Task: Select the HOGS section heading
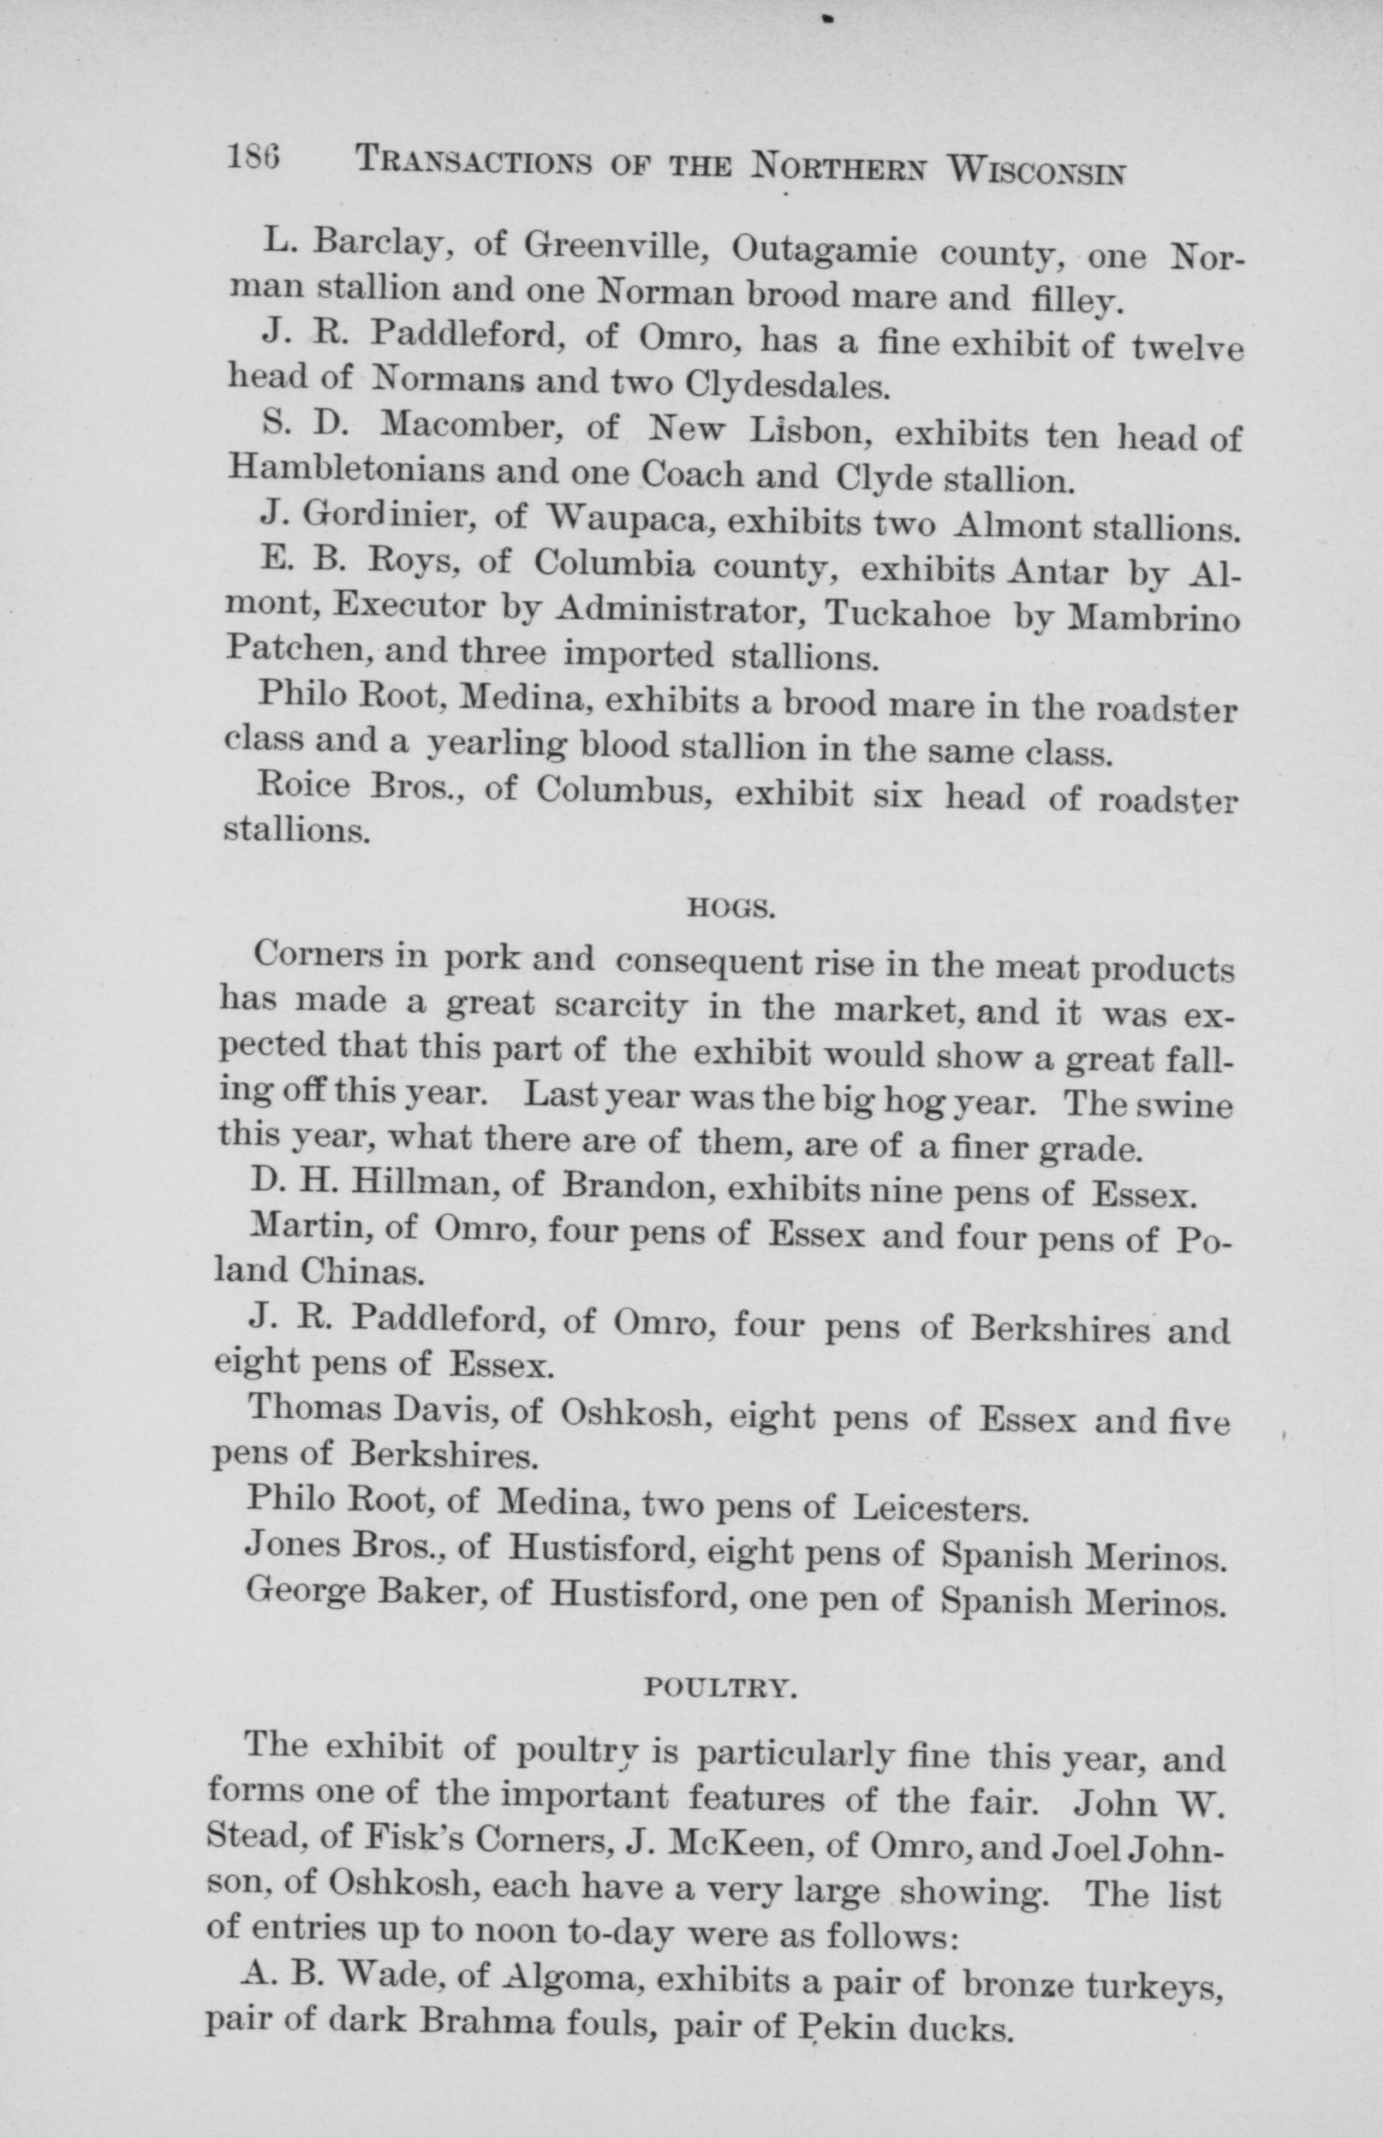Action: click(x=730, y=910)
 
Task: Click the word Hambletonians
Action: click(x=355, y=468)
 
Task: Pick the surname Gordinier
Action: click(x=380, y=514)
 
